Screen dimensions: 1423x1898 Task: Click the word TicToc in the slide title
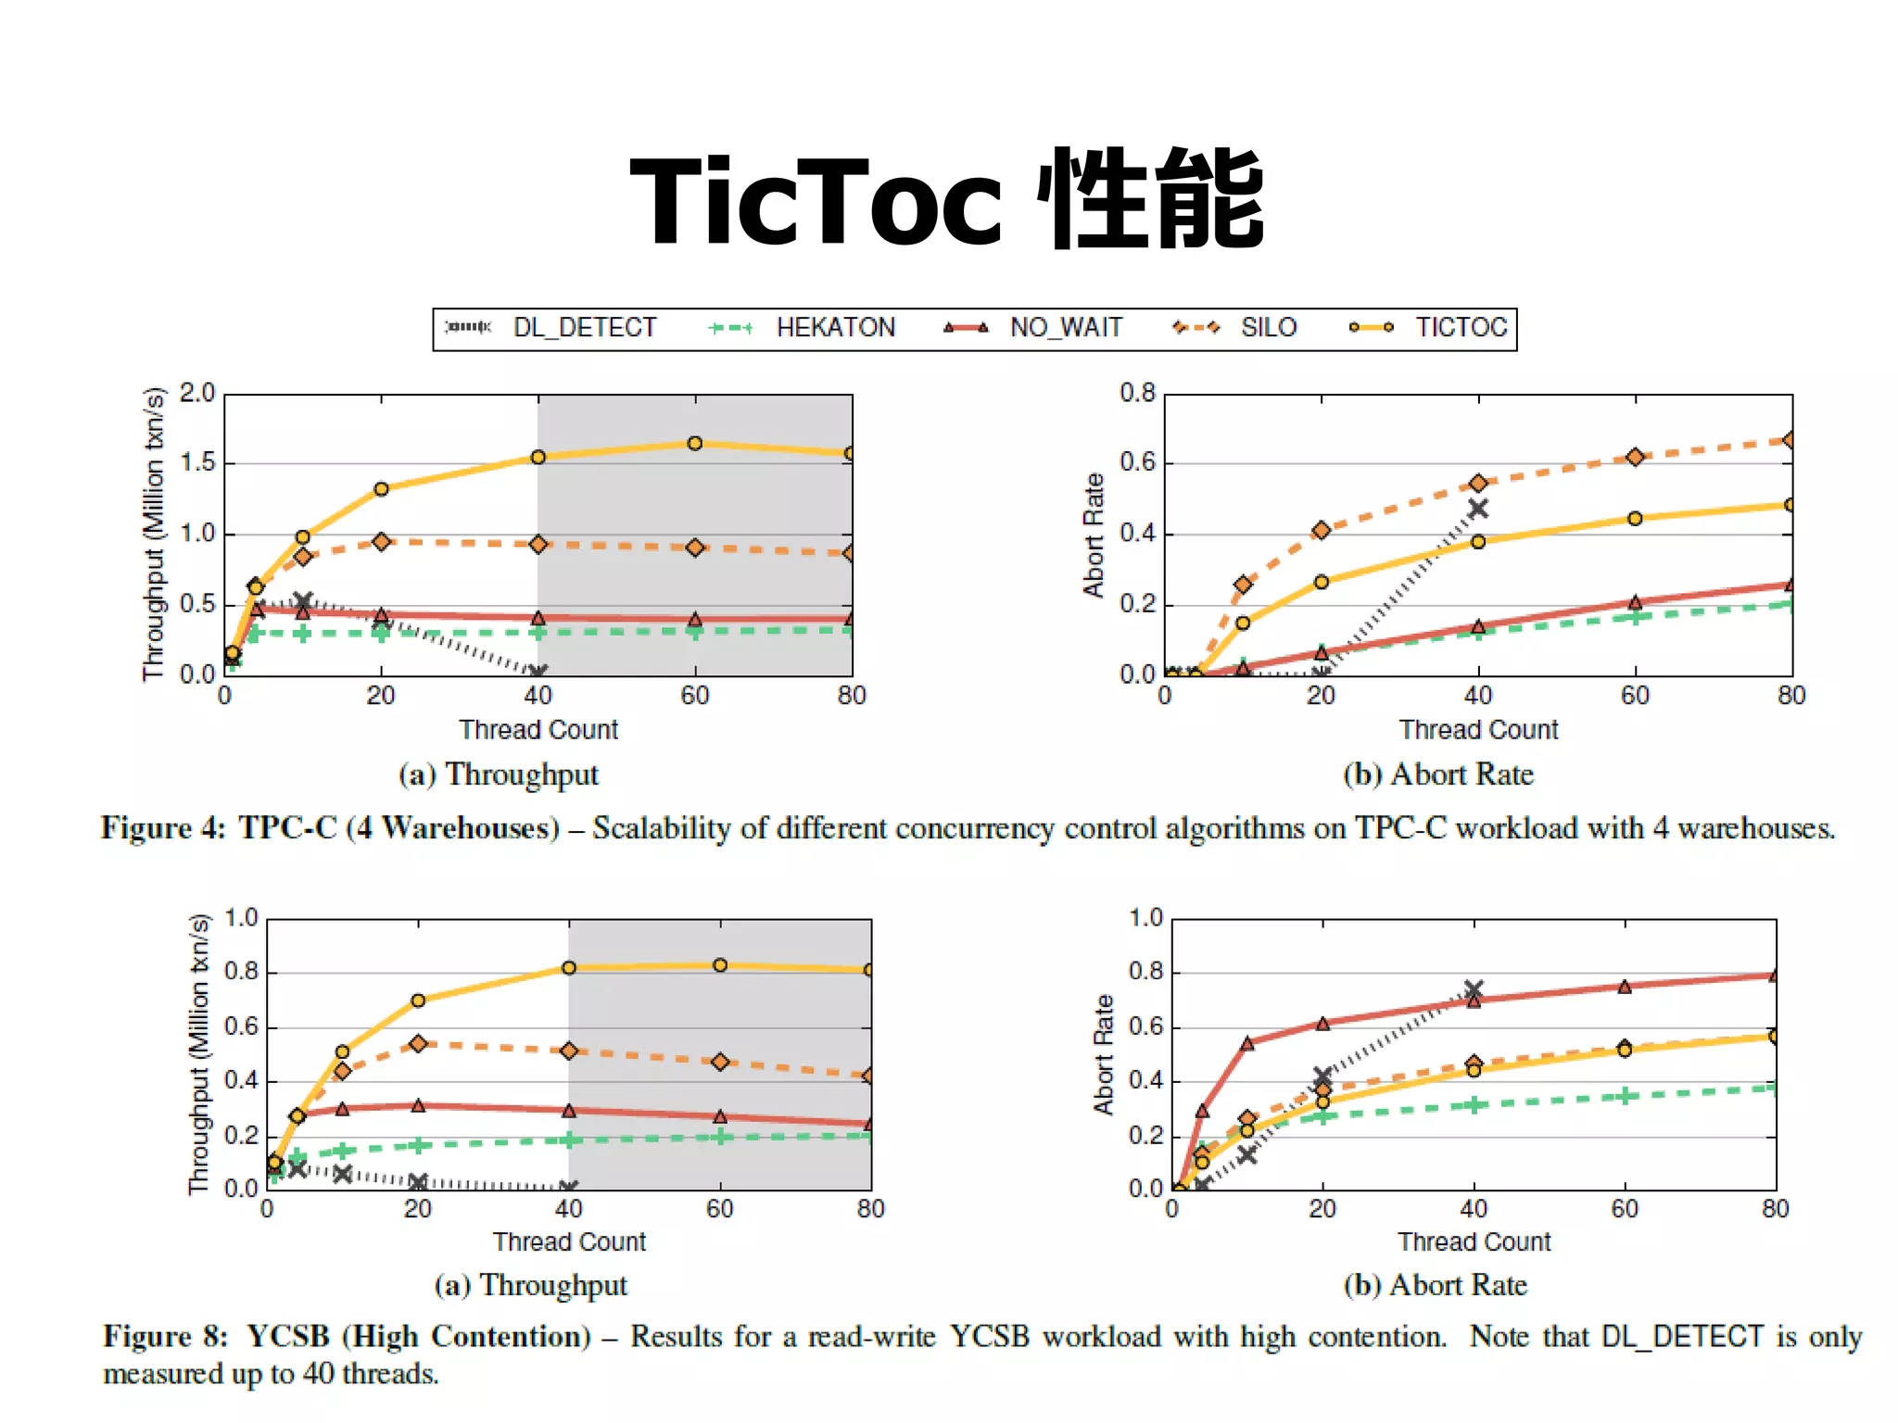point(816,202)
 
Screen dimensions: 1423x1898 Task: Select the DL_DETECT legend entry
point(584,328)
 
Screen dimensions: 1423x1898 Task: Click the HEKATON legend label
point(835,328)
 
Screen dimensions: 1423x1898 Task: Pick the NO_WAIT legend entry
point(1066,328)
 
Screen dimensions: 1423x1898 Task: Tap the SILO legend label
point(1268,328)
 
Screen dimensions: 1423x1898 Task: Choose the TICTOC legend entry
point(1461,328)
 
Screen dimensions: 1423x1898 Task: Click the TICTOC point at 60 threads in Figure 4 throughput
point(695,444)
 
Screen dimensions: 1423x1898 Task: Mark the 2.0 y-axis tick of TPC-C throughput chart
point(197,393)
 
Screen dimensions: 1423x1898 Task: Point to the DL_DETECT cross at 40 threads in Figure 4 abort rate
point(1478,509)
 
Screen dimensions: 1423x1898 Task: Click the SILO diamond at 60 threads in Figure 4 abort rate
point(1635,457)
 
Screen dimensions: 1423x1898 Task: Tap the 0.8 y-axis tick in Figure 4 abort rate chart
point(1137,393)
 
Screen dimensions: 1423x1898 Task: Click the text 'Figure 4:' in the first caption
point(163,827)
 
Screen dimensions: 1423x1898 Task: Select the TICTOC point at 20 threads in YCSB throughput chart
point(418,1001)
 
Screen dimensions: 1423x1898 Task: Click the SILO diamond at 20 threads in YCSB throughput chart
point(418,1044)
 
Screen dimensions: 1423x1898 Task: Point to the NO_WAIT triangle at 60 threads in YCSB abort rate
point(1625,988)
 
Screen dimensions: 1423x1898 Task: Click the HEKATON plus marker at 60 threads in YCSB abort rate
point(1625,1097)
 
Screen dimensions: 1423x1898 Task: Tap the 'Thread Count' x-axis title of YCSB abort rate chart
point(1474,1241)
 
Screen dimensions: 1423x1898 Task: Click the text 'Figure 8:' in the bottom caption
point(165,1337)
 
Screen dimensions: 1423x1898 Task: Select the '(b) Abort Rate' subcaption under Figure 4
point(1438,774)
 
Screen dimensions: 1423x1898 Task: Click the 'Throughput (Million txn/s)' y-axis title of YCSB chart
point(199,1054)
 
